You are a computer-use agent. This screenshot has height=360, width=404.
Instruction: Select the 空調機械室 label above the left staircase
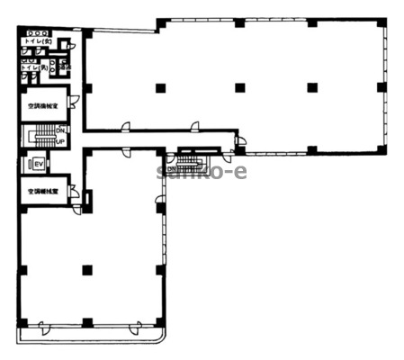click(42, 106)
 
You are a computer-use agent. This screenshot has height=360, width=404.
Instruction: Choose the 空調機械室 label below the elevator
click(42, 192)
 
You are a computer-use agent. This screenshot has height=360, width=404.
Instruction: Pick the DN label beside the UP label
click(60, 132)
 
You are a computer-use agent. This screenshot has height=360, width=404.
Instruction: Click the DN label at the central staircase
click(171, 166)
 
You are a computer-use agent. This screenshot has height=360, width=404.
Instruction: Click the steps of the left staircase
click(40, 138)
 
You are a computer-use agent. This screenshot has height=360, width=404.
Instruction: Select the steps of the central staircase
click(190, 160)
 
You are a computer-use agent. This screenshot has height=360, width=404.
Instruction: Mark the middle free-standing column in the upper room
click(238, 87)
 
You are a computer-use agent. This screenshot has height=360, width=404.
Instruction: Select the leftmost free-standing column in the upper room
click(159, 87)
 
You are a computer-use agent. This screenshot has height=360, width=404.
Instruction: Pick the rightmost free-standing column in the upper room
click(311, 87)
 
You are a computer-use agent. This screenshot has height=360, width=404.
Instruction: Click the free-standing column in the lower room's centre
click(86, 269)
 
